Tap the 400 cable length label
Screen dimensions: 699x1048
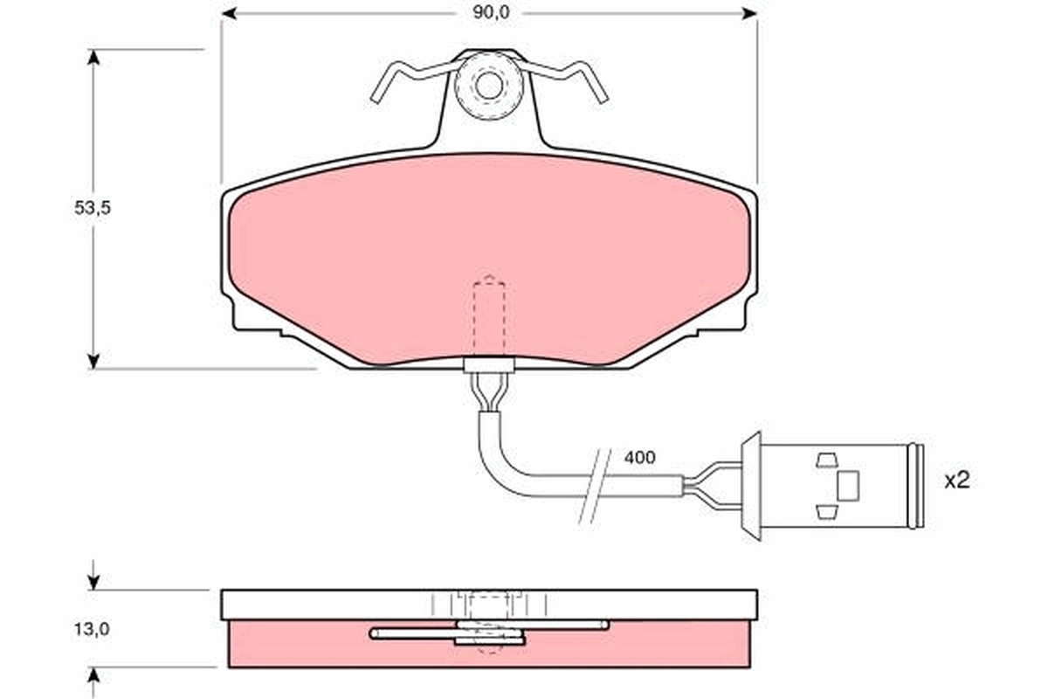coord(640,457)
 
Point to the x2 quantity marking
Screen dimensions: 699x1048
coord(957,480)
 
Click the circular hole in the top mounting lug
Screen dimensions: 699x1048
coord(489,85)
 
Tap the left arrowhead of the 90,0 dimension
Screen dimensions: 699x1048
coord(230,13)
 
